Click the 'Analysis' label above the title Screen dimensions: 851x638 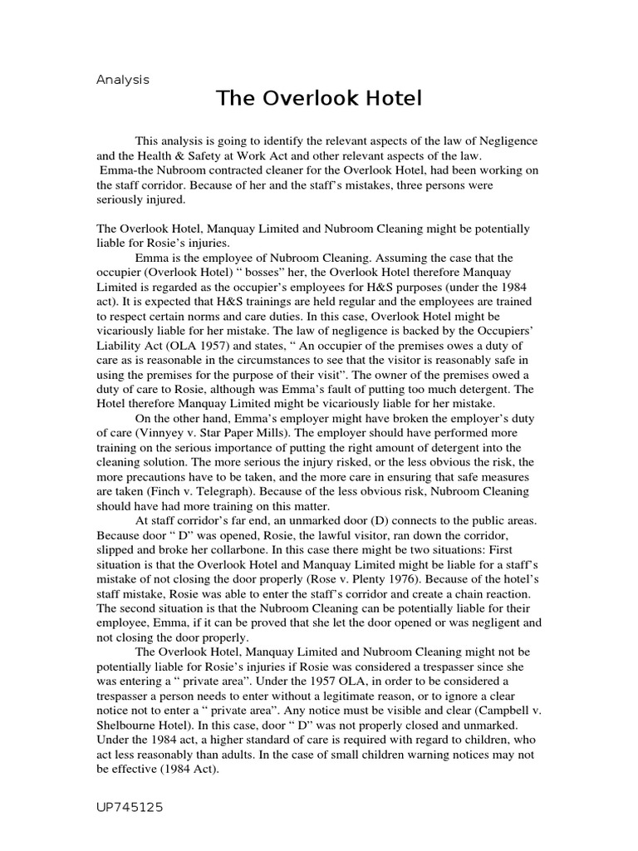122,81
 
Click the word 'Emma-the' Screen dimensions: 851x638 125,170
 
